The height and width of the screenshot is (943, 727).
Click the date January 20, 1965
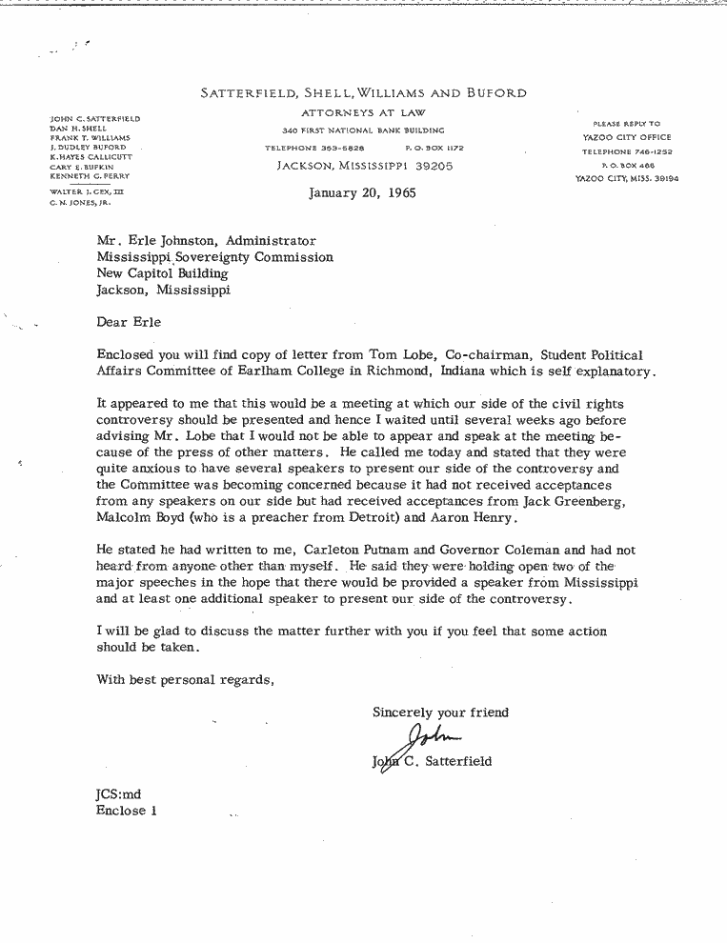coord(362,192)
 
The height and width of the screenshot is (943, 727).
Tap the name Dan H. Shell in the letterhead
coord(78,129)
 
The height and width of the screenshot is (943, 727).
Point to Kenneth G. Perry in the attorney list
coord(90,176)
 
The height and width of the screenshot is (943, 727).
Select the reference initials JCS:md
coord(118,793)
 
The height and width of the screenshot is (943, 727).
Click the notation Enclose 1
coord(126,811)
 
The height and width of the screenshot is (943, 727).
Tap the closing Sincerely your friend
coord(440,712)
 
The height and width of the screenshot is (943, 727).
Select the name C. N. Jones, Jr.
coord(81,203)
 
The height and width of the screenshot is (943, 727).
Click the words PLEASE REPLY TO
coord(632,124)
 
